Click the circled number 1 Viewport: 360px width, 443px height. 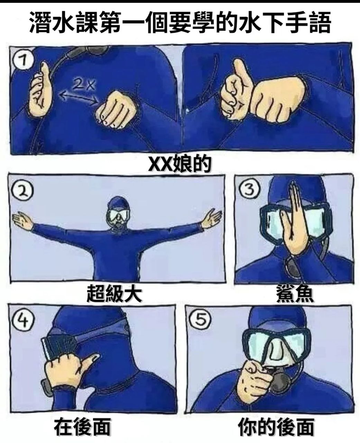point(23,61)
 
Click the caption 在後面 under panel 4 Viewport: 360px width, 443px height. point(82,427)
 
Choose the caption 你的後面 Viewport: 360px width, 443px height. point(276,427)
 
